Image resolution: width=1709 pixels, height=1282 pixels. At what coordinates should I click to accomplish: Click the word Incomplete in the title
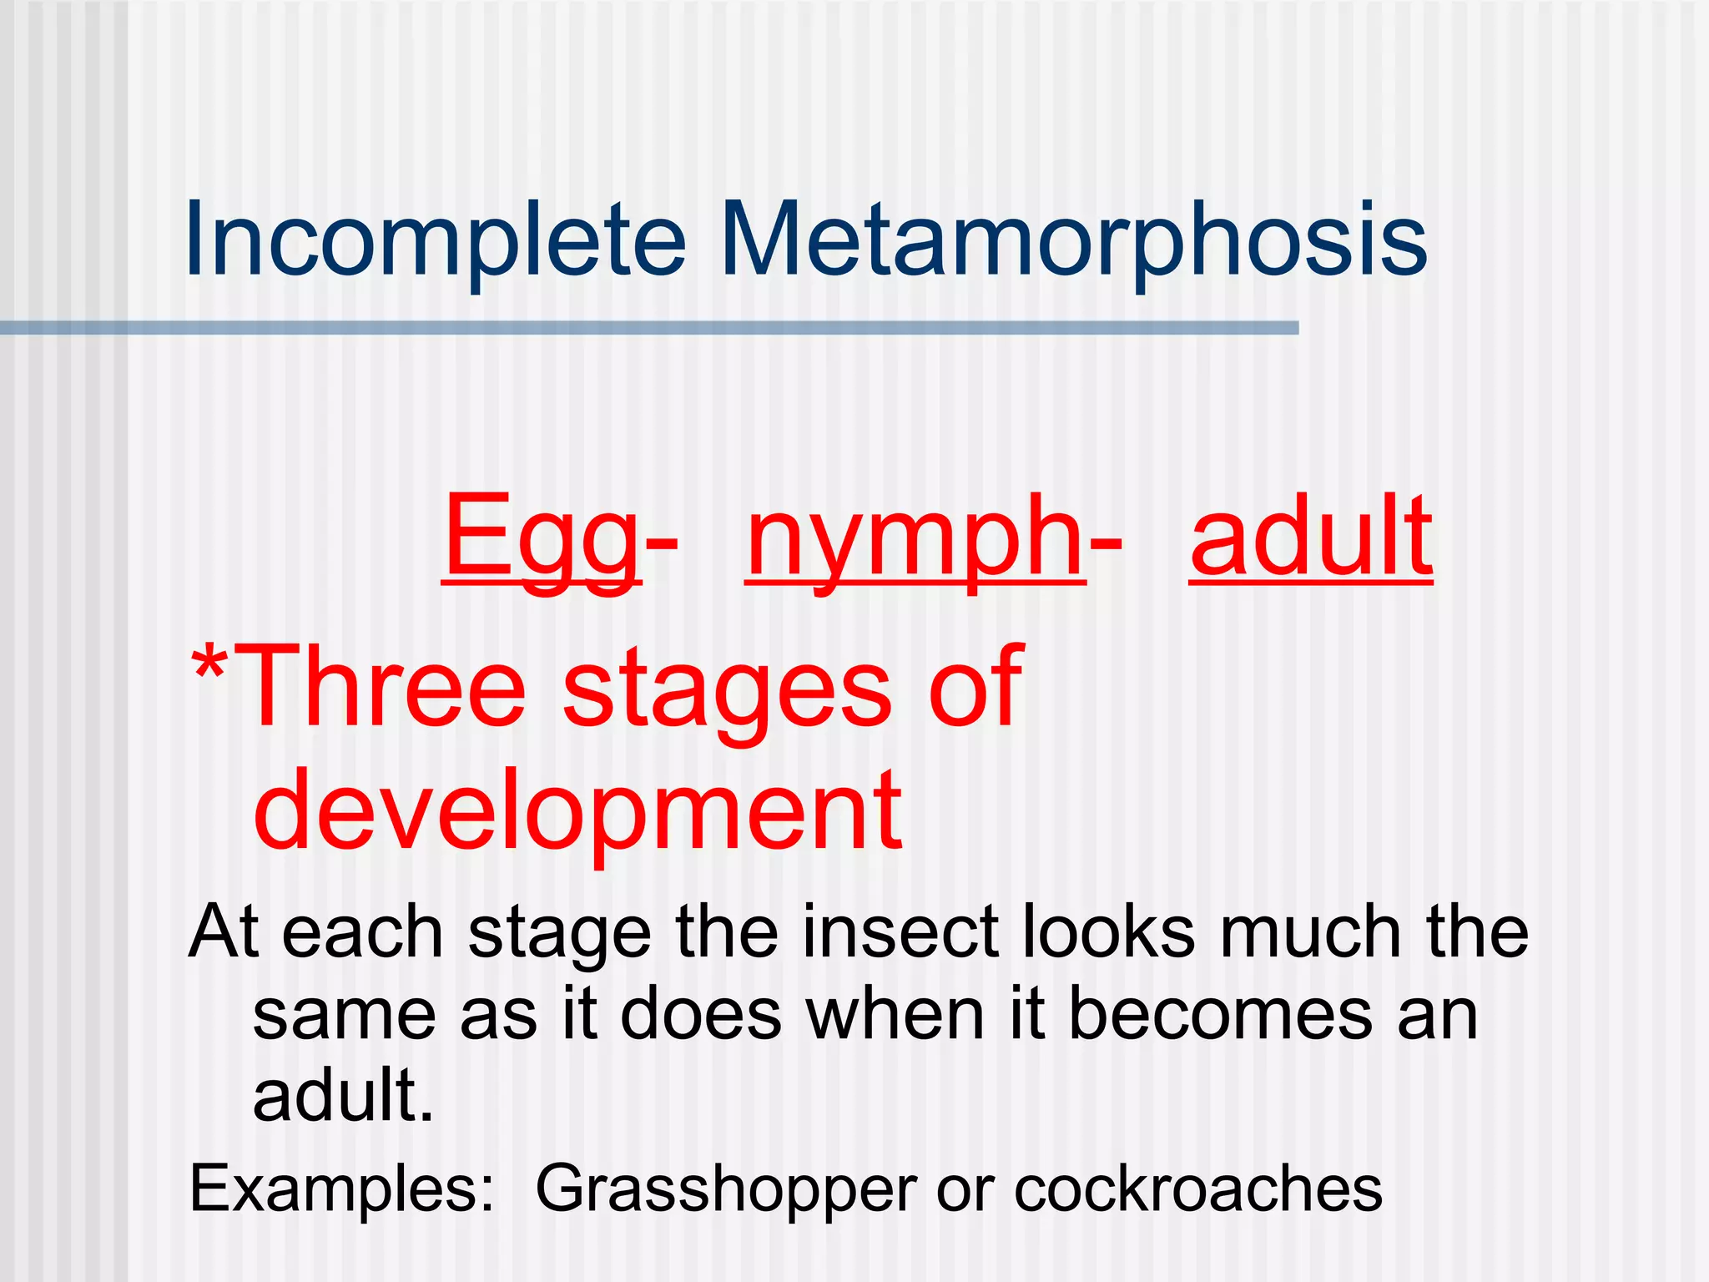point(435,241)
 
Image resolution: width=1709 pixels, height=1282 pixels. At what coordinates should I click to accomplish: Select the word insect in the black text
point(900,931)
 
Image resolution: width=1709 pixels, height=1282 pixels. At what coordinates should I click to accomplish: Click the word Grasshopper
point(726,1190)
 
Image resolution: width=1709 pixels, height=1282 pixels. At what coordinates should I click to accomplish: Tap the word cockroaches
point(1198,1189)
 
